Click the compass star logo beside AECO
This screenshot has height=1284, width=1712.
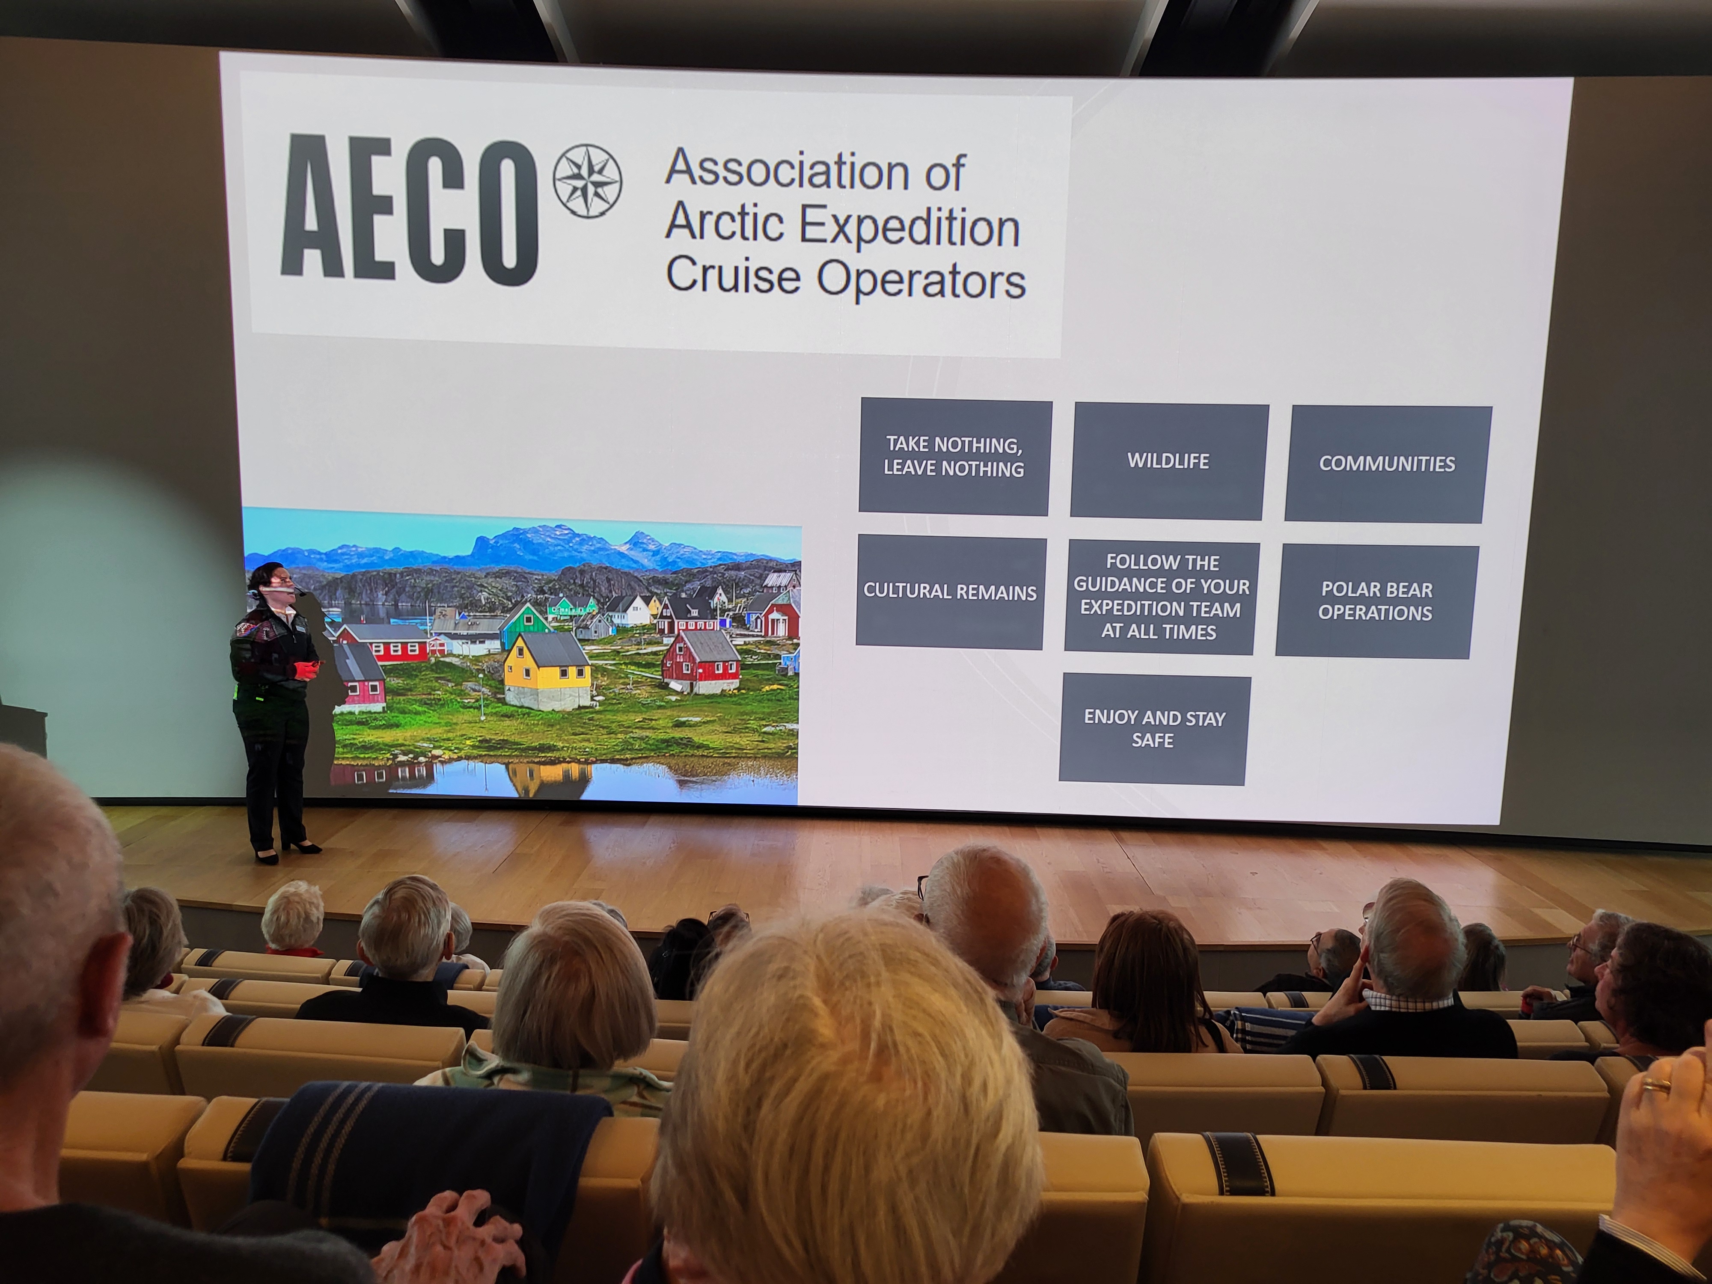(588, 180)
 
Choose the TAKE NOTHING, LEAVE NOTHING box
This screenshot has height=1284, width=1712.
(954, 457)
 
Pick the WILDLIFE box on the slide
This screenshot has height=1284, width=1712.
(1169, 461)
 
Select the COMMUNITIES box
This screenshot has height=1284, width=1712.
(1387, 464)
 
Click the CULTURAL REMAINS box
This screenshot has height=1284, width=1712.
(951, 592)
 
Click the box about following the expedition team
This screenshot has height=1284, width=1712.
(1161, 597)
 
